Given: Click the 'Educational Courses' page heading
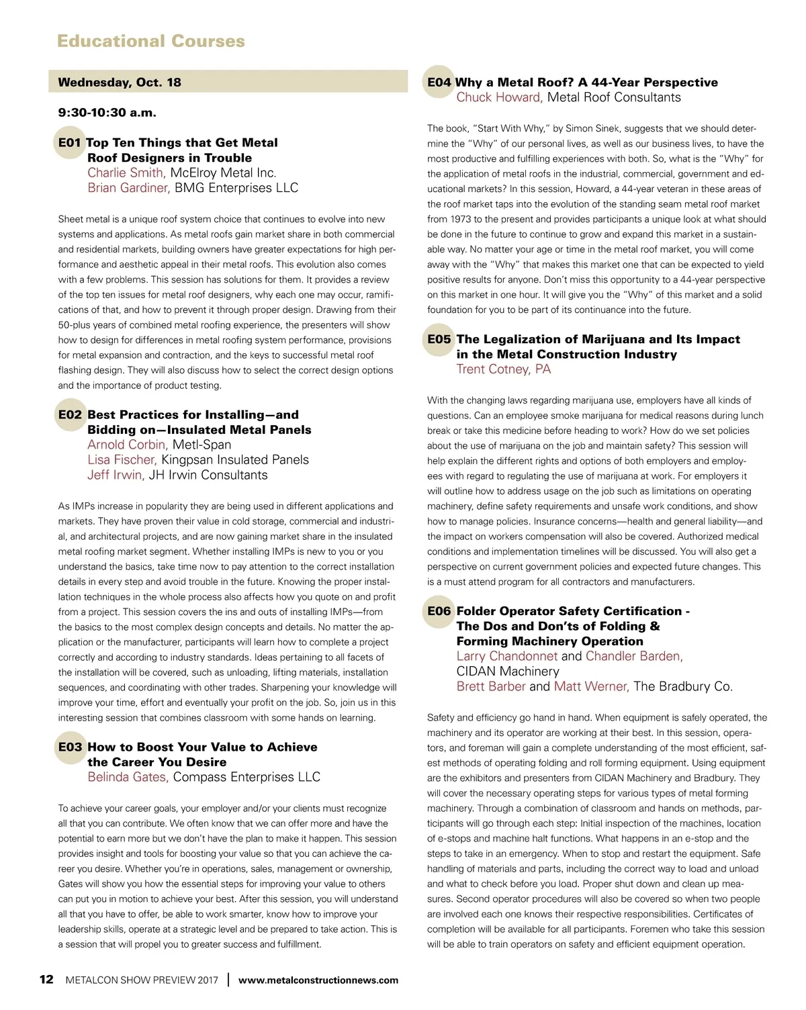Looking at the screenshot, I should (151, 41).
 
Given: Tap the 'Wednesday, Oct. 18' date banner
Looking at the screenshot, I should (120, 83).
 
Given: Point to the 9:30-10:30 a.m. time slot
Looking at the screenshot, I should (107, 113).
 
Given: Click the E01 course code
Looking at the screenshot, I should (70, 143).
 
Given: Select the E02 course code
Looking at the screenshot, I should (70, 415).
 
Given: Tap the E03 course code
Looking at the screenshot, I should (70, 747).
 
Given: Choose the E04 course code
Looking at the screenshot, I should (439, 83).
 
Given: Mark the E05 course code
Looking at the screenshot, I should (439, 340).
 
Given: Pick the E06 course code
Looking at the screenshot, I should (439, 611).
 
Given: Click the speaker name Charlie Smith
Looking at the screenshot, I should (126, 173).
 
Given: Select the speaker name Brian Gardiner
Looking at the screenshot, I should (128, 188).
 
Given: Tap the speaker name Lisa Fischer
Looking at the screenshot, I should (122, 460).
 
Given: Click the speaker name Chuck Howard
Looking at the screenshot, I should (499, 97).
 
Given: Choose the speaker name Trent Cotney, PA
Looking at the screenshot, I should (504, 369).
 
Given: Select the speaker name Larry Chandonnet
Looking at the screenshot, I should (507, 656).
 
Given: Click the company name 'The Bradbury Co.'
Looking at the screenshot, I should (683, 686).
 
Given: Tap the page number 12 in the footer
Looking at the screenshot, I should (46, 979).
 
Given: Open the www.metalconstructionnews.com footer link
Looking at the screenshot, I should (318, 980).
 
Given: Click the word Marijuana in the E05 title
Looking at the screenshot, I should (600, 340).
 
